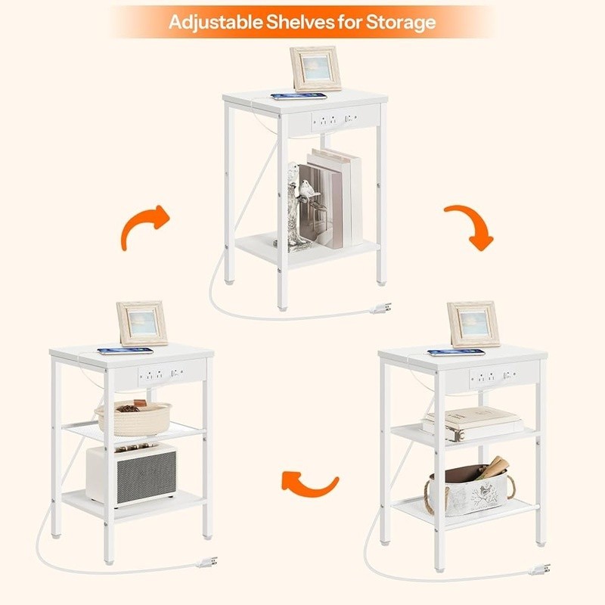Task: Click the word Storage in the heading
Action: click(x=398, y=21)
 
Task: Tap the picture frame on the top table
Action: click(x=315, y=68)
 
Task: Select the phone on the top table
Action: click(x=299, y=96)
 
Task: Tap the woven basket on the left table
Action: click(x=132, y=417)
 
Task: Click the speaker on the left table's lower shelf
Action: click(x=131, y=473)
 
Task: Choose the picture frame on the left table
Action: click(x=141, y=323)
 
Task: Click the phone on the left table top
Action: click(x=125, y=350)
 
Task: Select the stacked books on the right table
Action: click(x=471, y=423)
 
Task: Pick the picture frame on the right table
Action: click(x=473, y=324)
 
